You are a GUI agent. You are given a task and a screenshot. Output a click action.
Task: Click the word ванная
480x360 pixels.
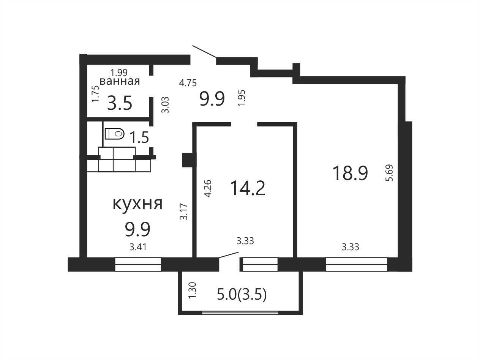(x=120, y=81)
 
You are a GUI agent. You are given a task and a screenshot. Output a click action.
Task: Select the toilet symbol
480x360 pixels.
(x=115, y=134)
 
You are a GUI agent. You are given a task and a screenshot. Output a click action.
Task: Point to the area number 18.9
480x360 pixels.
(x=350, y=173)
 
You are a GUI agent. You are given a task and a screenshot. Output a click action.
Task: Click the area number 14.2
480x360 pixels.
(x=248, y=188)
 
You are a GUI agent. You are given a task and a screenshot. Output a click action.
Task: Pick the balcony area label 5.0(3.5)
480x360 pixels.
(x=242, y=295)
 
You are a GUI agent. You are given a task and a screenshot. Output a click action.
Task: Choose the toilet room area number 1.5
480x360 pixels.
(x=139, y=137)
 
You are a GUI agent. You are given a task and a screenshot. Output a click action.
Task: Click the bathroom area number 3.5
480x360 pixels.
(x=120, y=103)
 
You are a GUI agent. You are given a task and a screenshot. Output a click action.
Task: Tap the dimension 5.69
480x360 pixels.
(x=390, y=173)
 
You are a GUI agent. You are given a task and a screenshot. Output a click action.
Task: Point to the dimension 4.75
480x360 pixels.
(x=188, y=83)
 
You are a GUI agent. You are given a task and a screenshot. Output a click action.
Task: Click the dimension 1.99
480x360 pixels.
(x=119, y=72)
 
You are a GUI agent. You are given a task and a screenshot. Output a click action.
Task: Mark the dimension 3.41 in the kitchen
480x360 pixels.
(x=138, y=247)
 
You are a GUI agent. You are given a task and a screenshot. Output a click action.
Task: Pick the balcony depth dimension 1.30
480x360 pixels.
(x=193, y=290)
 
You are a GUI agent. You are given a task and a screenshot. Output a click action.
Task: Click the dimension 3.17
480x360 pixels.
(x=184, y=212)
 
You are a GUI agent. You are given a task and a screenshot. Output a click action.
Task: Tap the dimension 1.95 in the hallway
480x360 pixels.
(x=242, y=98)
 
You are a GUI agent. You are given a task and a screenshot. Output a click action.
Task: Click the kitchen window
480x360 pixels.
(x=138, y=264)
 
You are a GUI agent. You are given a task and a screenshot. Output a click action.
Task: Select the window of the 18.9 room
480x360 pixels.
(x=357, y=264)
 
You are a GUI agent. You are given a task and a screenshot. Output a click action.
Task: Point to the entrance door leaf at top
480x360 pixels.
(x=204, y=52)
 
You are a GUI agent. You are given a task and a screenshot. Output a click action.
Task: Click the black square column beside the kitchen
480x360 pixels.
(x=188, y=160)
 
